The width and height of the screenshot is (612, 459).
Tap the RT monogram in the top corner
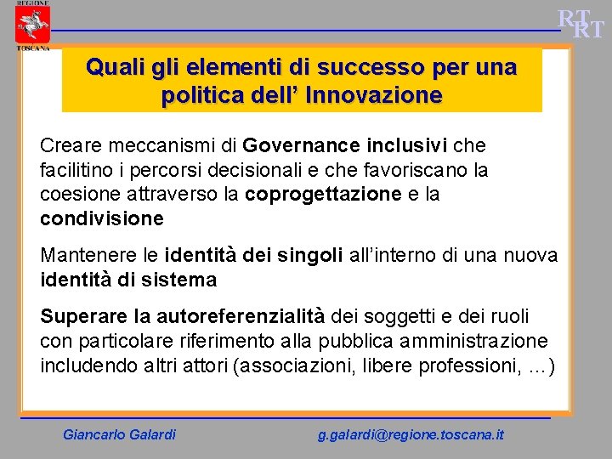pos(581,24)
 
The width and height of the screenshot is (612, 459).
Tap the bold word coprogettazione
pos(323,194)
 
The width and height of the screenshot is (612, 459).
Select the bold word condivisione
pos(102,218)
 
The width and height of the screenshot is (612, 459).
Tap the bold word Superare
pos(83,317)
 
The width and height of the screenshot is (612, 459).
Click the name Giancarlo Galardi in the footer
pos(120,434)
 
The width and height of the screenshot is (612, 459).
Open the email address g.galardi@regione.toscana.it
pos(411,434)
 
